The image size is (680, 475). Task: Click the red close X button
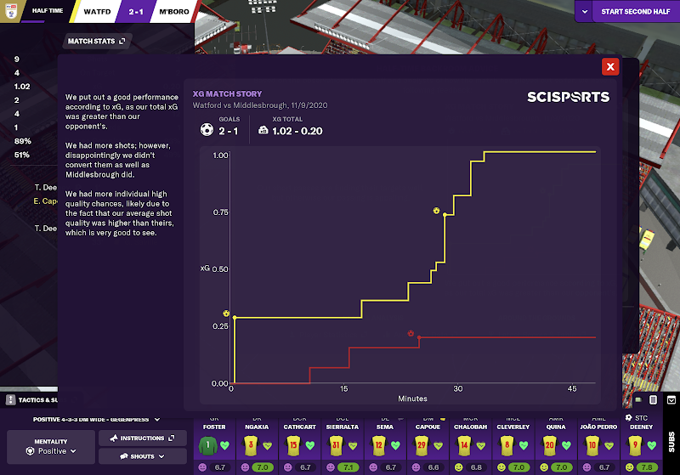pyautogui.click(x=609, y=67)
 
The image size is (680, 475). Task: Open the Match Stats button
pyautogui.click(x=95, y=40)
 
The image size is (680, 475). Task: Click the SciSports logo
pyautogui.click(x=568, y=97)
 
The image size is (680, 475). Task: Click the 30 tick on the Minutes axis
pyautogui.click(x=457, y=388)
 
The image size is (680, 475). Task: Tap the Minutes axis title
pyautogui.click(x=412, y=398)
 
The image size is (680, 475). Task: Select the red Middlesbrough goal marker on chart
pyautogui.click(x=411, y=333)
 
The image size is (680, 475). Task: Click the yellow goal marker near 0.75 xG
pyautogui.click(x=436, y=210)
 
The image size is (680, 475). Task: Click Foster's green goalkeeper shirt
pyautogui.click(x=207, y=444)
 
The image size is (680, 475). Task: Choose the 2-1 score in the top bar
pyautogui.click(x=137, y=13)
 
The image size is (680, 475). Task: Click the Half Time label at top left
pyautogui.click(x=47, y=12)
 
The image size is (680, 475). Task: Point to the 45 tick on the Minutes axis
pyautogui.click(x=571, y=388)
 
